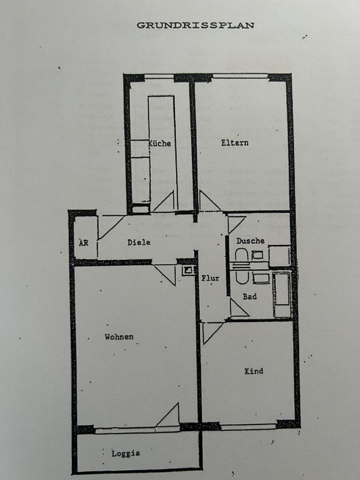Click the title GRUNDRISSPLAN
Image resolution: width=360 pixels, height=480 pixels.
click(195, 25)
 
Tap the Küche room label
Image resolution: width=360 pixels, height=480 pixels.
click(160, 143)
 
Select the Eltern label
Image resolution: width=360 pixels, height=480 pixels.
click(234, 142)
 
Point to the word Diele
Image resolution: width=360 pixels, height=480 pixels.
click(139, 242)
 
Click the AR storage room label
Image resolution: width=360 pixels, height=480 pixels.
click(83, 243)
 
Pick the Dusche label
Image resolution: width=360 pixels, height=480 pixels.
click(250, 240)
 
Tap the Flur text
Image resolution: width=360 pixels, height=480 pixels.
click(210, 279)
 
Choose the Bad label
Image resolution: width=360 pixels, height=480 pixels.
click(249, 296)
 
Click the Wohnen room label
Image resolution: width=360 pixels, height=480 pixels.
click(119, 336)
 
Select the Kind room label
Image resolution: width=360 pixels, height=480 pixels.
click(253, 371)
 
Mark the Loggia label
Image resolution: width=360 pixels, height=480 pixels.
click(125, 453)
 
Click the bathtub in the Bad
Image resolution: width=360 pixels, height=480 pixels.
click(281, 295)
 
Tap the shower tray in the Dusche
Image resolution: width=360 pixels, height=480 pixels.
click(279, 255)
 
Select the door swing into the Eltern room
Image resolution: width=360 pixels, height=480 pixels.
click(209, 201)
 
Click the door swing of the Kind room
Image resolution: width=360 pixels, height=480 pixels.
click(211, 331)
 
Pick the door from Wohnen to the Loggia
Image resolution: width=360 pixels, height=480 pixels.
click(168, 416)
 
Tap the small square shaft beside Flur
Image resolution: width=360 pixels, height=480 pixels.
click(188, 270)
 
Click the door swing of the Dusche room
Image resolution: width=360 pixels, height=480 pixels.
click(236, 223)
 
